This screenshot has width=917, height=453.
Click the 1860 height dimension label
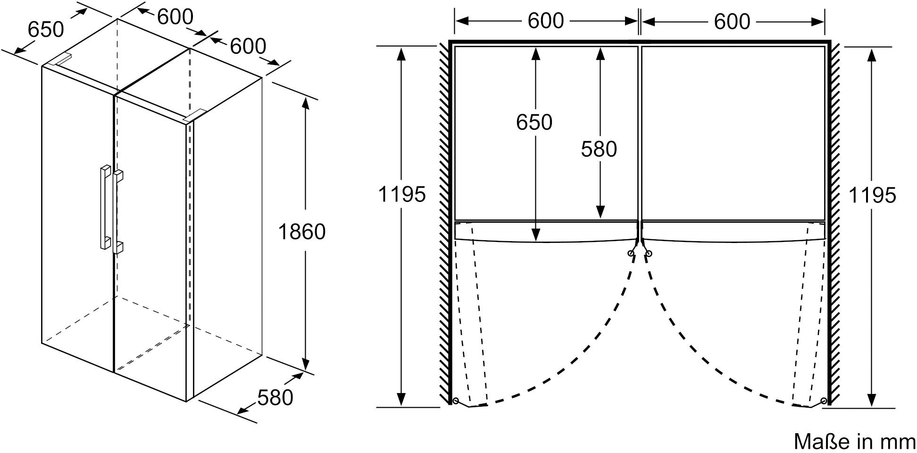(x=302, y=232)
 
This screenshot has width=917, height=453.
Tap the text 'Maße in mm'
(x=854, y=442)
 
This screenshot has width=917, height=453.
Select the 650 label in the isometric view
(x=45, y=29)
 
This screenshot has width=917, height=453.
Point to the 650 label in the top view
(x=534, y=122)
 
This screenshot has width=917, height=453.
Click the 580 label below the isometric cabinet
(x=275, y=397)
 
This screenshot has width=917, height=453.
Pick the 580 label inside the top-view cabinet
(x=599, y=149)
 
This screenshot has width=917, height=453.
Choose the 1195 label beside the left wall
(x=402, y=194)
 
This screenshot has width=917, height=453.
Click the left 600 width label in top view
(x=546, y=21)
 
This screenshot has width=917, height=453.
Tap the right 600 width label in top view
(x=732, y=21)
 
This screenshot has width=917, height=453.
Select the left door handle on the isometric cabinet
(x=105, y=206)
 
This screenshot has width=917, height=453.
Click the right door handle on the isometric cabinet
(x=118, y=211)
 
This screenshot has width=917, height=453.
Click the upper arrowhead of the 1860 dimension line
(x=305, y=103)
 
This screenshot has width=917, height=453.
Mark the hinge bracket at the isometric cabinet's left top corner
(x=61, y=59)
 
